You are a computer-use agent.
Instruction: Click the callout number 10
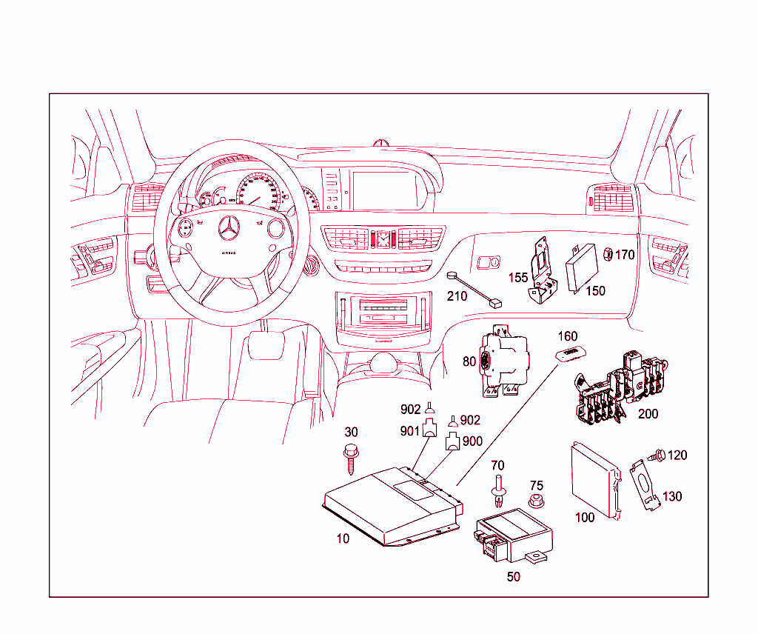pos(343,538)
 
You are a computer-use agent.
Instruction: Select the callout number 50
pos(513,576)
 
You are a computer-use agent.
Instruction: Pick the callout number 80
pos(469,362)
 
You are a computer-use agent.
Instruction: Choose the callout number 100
pos(585,517)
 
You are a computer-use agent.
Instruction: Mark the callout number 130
pos(671,496)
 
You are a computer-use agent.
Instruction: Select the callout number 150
pos(595,290)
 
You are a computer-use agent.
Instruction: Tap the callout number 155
pos(518,278)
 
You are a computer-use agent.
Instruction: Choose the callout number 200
pos(648,414)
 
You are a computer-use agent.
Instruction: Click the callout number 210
pos(457,296)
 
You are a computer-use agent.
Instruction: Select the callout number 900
pos(472,441)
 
